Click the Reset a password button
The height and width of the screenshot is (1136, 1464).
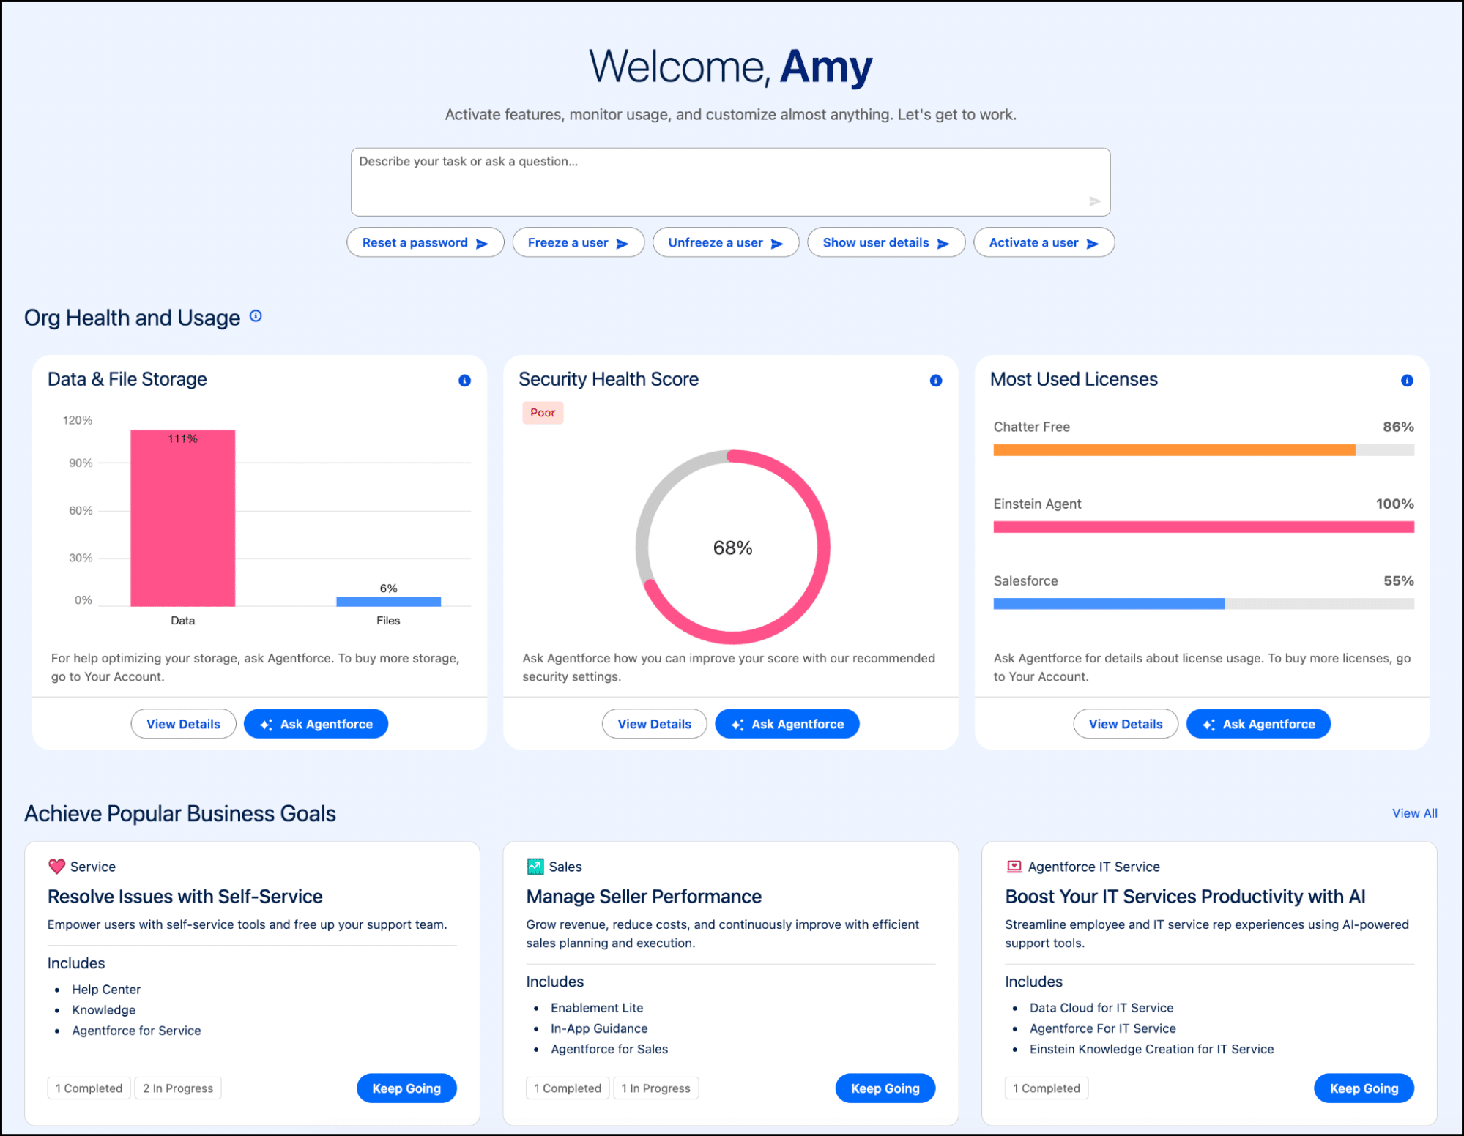pos(425,243)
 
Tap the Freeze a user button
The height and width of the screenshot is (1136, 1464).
pos(578,243)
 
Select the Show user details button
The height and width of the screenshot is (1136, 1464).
pos(885,243)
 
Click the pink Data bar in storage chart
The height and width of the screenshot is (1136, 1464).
pos(182,520)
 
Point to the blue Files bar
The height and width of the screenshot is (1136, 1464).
pos(388,602)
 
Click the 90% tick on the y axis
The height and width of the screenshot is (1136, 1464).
pos(81,463)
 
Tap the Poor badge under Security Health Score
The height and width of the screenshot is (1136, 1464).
pos(543,413)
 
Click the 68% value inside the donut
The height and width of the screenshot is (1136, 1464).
pos(732,548)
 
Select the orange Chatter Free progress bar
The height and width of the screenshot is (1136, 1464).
pos(1174,450)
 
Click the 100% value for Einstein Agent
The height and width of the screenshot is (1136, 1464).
pos(1394,504)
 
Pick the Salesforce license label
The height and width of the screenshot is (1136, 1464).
pos(1025,580)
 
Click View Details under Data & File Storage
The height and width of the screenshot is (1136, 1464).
pos(183,724)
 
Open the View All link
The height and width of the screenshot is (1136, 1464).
pos(1414,813)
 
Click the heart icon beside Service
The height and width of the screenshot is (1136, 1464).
pos(56,867)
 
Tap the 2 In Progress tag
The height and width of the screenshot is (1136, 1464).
pos(178,1088)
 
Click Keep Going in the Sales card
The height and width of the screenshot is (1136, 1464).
pos(885,1088)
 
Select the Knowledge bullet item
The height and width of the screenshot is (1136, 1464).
pos(103,1010)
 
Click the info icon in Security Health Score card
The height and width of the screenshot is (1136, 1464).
pos(935,381)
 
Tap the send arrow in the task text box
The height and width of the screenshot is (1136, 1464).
pos(1094,201)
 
